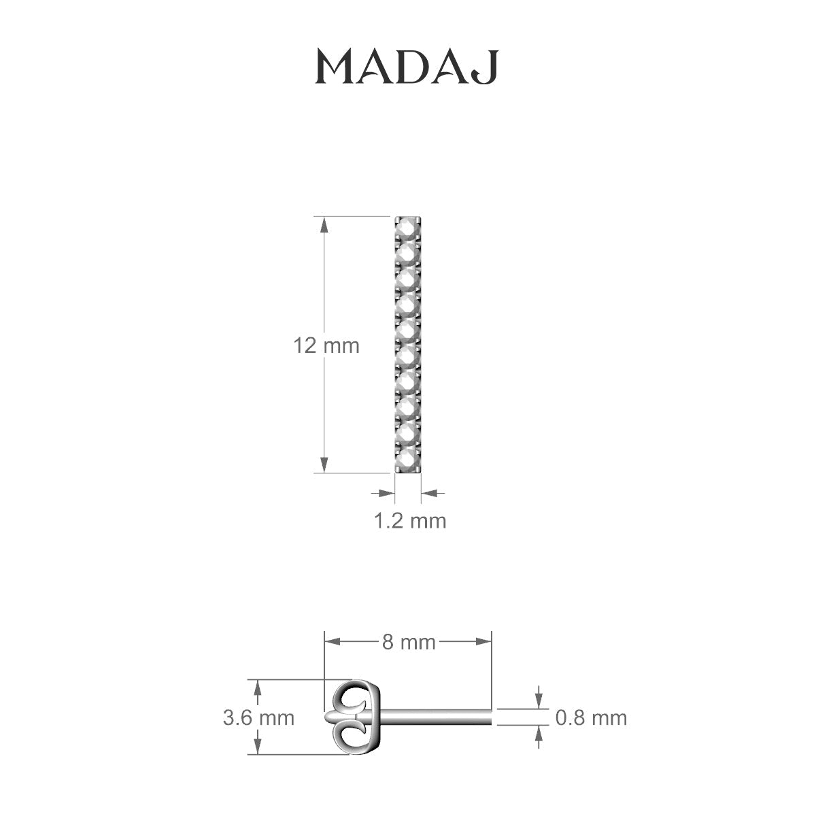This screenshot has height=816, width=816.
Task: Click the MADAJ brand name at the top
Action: [407, 67]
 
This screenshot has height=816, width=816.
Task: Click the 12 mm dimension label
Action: [326, 345]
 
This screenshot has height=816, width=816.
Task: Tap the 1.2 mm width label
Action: [410, 521]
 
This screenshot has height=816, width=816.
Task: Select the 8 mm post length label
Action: [408, 641]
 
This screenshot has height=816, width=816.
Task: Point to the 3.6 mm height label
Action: [258, 717]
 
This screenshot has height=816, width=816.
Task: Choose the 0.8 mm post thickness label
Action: [591, 717]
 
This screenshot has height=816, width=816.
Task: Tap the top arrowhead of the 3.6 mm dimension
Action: [257, 686]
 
